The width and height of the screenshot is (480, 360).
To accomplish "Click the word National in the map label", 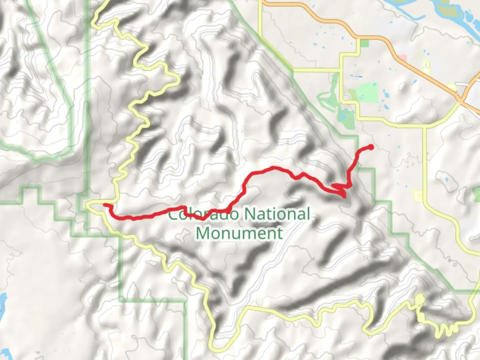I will coord(277,214).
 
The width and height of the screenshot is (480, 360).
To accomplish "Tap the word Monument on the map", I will coord(239,233).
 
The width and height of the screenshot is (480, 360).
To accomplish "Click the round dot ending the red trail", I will coord(371,147).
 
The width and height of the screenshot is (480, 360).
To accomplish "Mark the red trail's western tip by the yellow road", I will coord(105,205).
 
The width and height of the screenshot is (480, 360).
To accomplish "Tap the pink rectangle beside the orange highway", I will coord(403,58).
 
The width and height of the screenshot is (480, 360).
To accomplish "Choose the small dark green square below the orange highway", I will coord(365,43).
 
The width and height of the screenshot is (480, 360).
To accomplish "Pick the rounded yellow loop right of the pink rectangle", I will coord(426,65).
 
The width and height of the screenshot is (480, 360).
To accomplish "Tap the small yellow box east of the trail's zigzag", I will coord(418,196).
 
